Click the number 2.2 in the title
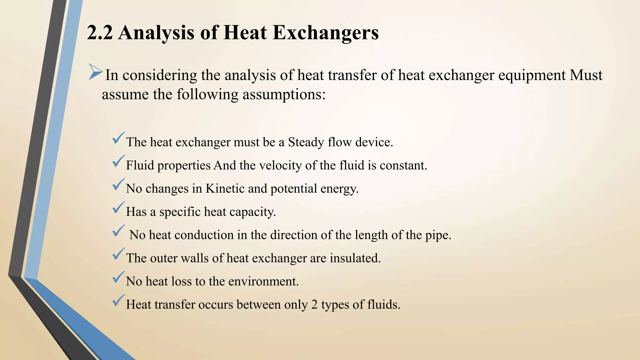point(100,32)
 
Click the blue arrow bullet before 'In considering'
point(95,72)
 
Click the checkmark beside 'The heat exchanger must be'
point(118,138)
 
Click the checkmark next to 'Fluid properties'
point(118,161)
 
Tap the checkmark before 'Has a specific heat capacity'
point(118,208)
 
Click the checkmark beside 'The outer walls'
point(118,254)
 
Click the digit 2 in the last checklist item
point(314,305)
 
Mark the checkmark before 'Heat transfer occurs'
point(118,300)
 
